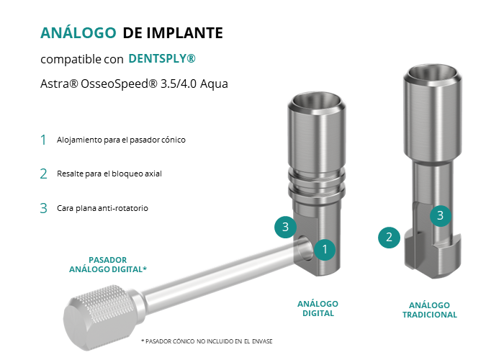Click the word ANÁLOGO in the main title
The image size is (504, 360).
click(x=78, y=32)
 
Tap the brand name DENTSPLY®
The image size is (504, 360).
click(x=162, y=58)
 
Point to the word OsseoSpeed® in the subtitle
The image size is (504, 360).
click(x=119, y=84)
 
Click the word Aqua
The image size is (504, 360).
click(x=214, y=84)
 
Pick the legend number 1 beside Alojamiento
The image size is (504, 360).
click(x=43, y=140)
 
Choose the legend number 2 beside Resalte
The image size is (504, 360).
click(x=43, y=174)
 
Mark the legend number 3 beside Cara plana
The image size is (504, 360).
click(x=43, y=208)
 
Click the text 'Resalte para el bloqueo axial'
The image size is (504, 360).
click(x=109, y=174)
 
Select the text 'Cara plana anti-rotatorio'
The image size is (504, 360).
click(x=102, y=208)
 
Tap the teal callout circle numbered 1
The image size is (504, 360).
click(x=325, y=249)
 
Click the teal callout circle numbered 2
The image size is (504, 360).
click(x=389, y=238)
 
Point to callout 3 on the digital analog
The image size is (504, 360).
click(x=285, y=227)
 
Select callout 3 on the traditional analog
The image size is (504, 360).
click(x=441, y=215)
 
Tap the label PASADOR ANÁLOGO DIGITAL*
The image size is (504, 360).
click(x=108, y=264)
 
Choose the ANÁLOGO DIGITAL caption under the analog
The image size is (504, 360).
click(x=318, y=309)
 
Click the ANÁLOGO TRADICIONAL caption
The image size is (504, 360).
click(x=429, y=310)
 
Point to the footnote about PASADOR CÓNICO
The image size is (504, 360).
click(x=207, y=341)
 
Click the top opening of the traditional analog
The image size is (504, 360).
click(x=432, y=76)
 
